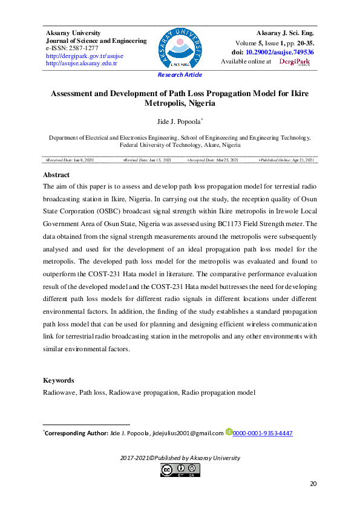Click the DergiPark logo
click(x=294, y=62)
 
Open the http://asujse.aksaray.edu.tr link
click(x=82, y=63)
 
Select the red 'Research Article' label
click(x=180, y=75)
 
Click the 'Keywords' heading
click(x=58, y=380)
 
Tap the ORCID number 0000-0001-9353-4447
click(x=263, y=433)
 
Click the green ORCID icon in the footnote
click(x=229, y=432)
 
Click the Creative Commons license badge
click(x=180, y=470)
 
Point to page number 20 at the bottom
click(x=313, y=483)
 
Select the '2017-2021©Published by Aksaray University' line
click(x=180, y=458)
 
